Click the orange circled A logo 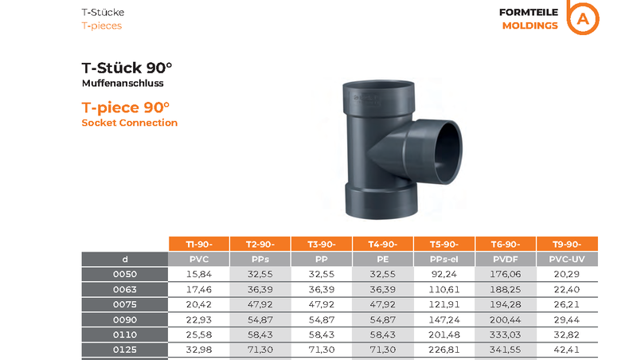click(583, 18)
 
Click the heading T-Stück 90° click(127, 68)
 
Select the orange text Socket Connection click(130, 123)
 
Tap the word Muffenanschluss click(123, 84)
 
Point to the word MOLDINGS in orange click(530, 25)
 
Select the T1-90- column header click(199, 245)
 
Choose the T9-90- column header click(567, 245)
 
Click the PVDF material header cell click(506, 259)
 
